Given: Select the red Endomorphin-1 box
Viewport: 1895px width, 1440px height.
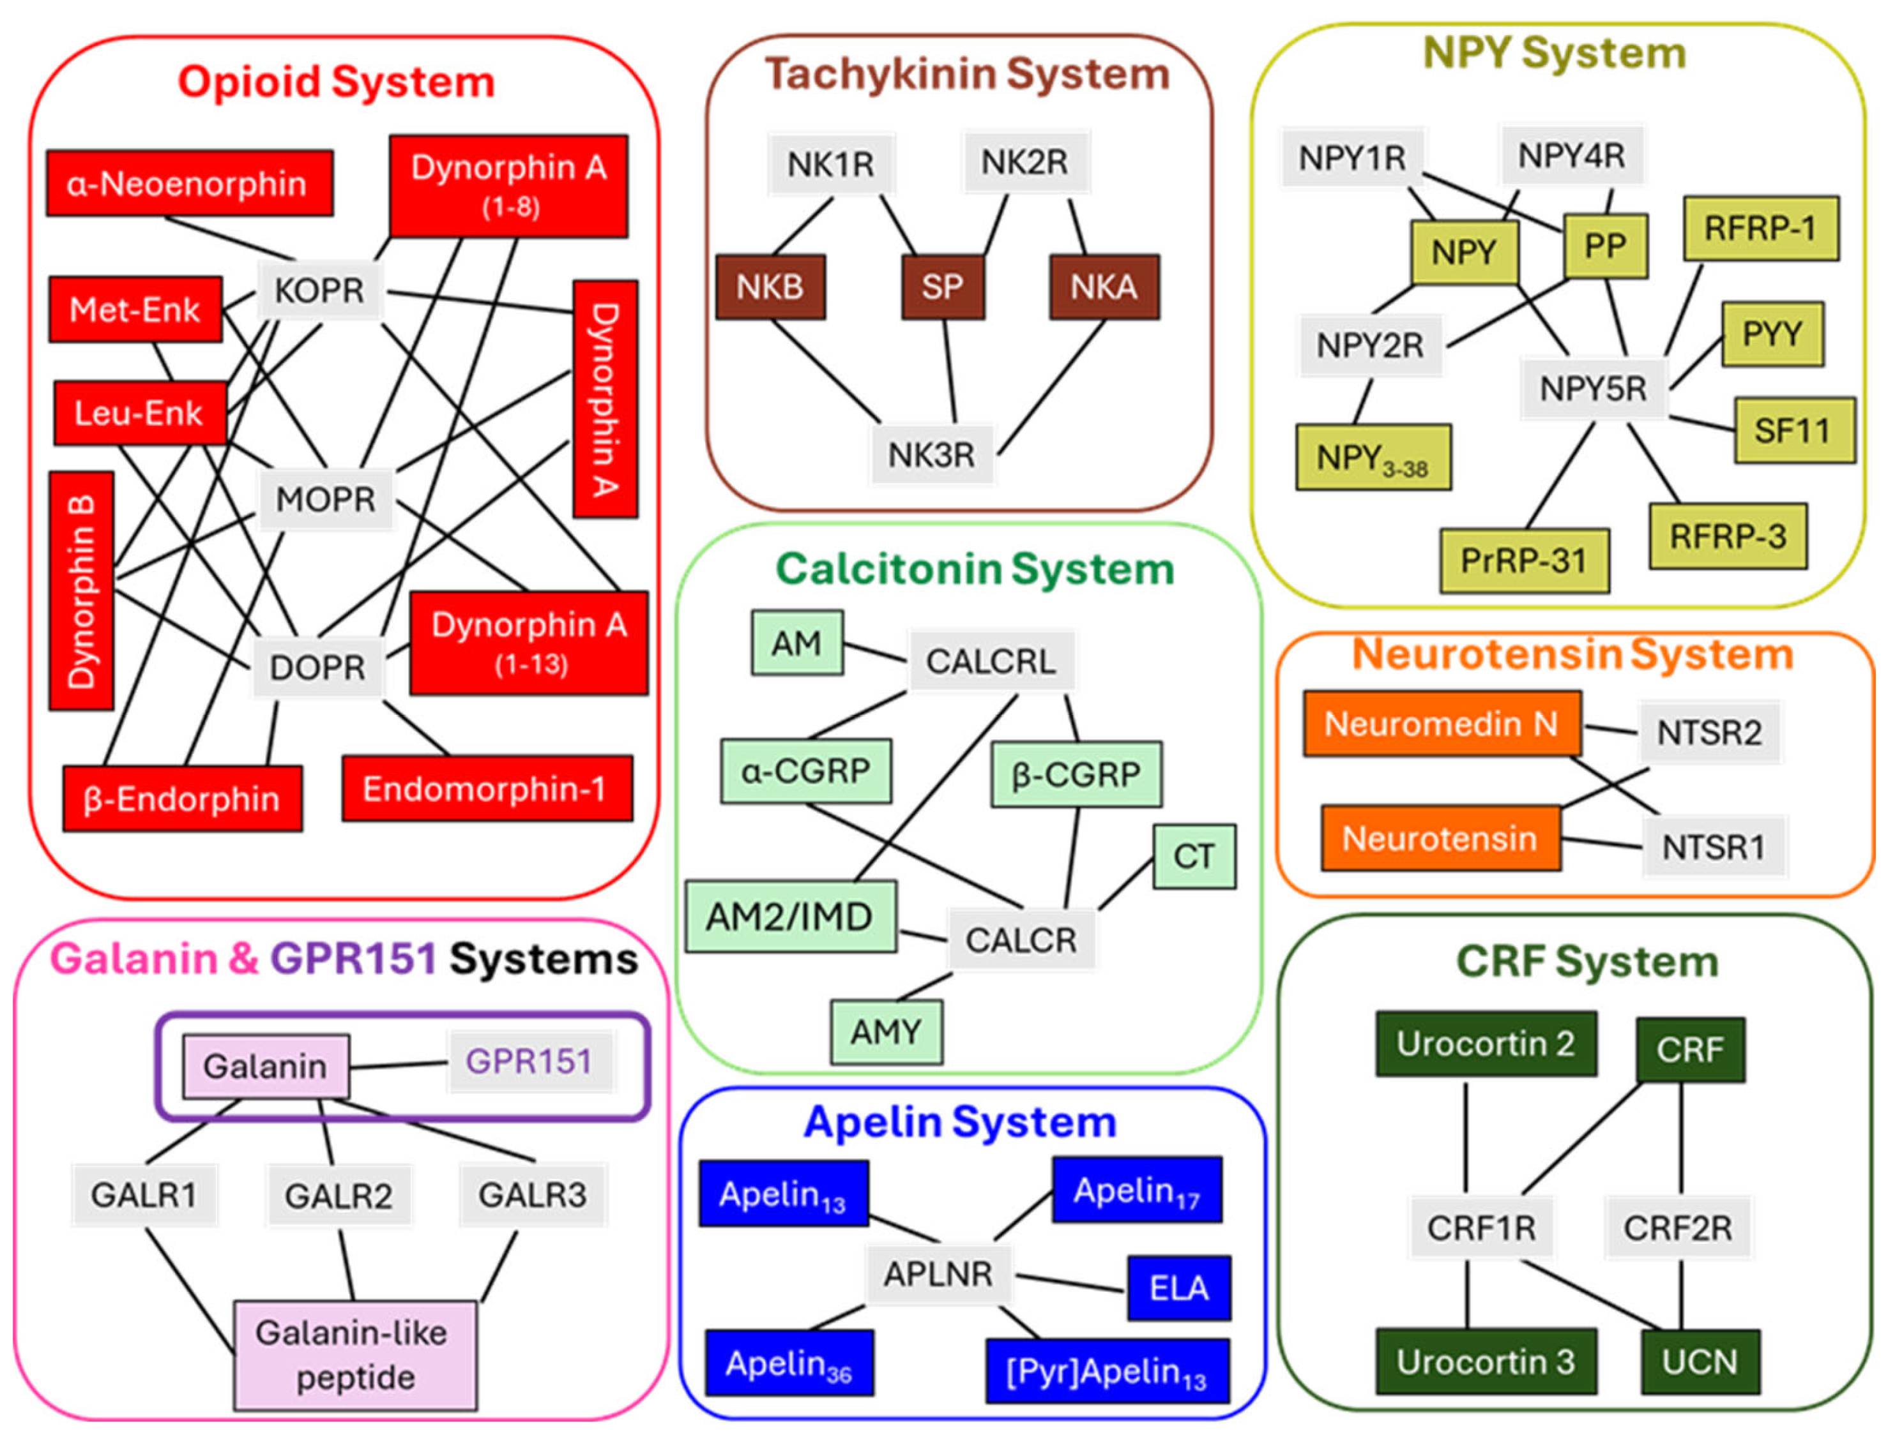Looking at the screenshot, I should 486,788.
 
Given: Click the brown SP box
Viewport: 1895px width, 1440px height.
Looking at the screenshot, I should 942,287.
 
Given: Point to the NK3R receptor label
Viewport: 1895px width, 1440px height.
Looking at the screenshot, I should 931,454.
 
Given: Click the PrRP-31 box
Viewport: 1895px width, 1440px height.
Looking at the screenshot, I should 1524,560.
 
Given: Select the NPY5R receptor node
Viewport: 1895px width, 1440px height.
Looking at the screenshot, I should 1592,389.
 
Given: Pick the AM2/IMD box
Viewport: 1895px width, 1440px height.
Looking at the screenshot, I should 789,917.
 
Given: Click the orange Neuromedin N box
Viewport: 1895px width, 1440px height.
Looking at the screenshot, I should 1440,724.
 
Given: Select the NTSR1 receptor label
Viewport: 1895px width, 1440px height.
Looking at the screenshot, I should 1712,848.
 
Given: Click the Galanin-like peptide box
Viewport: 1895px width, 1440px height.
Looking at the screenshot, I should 354,1355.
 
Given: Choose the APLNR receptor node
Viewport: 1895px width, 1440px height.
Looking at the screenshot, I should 938,1275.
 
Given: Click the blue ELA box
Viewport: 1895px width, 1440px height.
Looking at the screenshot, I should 1178,1288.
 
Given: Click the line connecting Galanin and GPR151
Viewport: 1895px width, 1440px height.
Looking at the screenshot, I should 399,1065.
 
